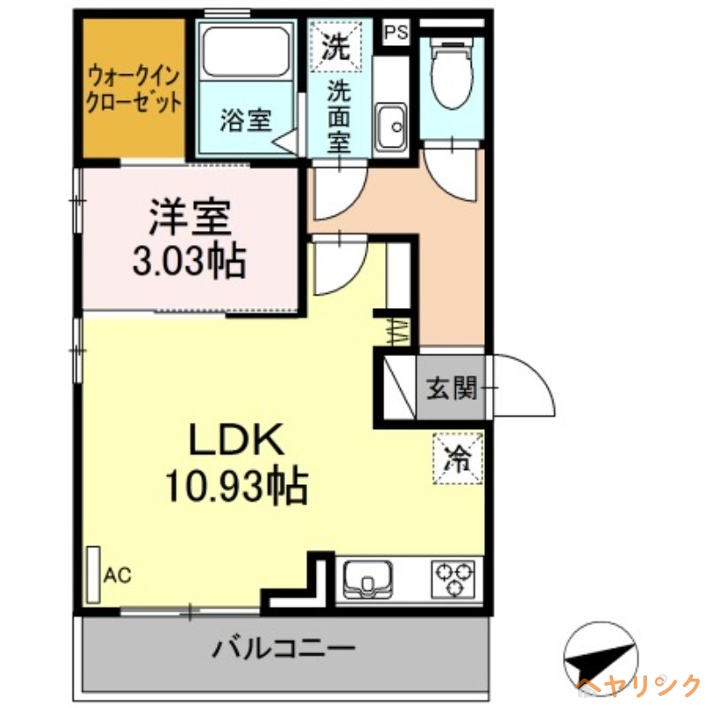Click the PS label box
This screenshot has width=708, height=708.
coord(396,32)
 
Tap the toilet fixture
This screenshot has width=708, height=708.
coord(450,75)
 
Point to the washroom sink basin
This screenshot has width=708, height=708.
coord(389,127)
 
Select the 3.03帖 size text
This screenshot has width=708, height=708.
coord(189,259)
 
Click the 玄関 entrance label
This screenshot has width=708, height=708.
coord(450,387)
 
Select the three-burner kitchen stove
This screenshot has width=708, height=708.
coord(456,580)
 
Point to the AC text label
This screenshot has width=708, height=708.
coord(118,576)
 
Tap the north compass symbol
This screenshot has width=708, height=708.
coord(599,656)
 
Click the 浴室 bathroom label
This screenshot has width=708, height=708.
coord(245,119)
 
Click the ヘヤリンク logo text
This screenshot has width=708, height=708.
coord(637,685)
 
